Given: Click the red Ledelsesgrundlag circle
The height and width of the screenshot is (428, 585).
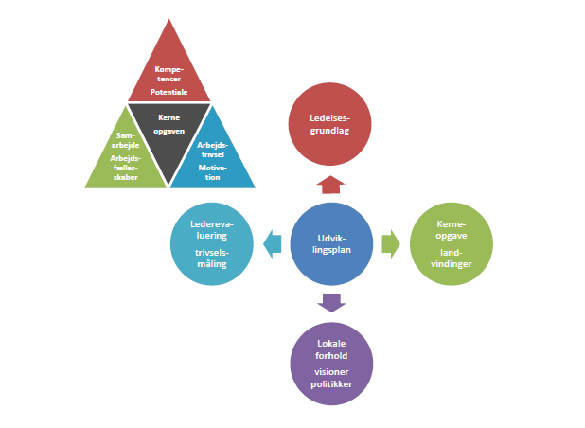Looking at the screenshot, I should (x=330, y=124).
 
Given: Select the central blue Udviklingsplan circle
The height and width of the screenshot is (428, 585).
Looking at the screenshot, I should (x=330, y=244).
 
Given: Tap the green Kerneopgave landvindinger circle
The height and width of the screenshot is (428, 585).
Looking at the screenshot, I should (x=451, y=244).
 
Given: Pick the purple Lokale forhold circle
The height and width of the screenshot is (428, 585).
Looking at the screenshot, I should (x=330, y=365).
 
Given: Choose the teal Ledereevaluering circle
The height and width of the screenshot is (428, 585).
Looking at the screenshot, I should (x=211, y=244).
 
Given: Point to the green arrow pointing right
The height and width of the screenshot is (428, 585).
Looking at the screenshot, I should (x=390, y=244).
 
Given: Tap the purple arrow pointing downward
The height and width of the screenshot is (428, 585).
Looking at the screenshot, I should (x=330, y=303).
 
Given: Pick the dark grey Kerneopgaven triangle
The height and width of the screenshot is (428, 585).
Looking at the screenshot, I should (x=169, y=133).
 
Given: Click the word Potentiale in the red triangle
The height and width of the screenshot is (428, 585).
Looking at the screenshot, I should (x=169, y=91).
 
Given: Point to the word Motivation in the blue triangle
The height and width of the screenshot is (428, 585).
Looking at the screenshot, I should (x=210, y=171).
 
